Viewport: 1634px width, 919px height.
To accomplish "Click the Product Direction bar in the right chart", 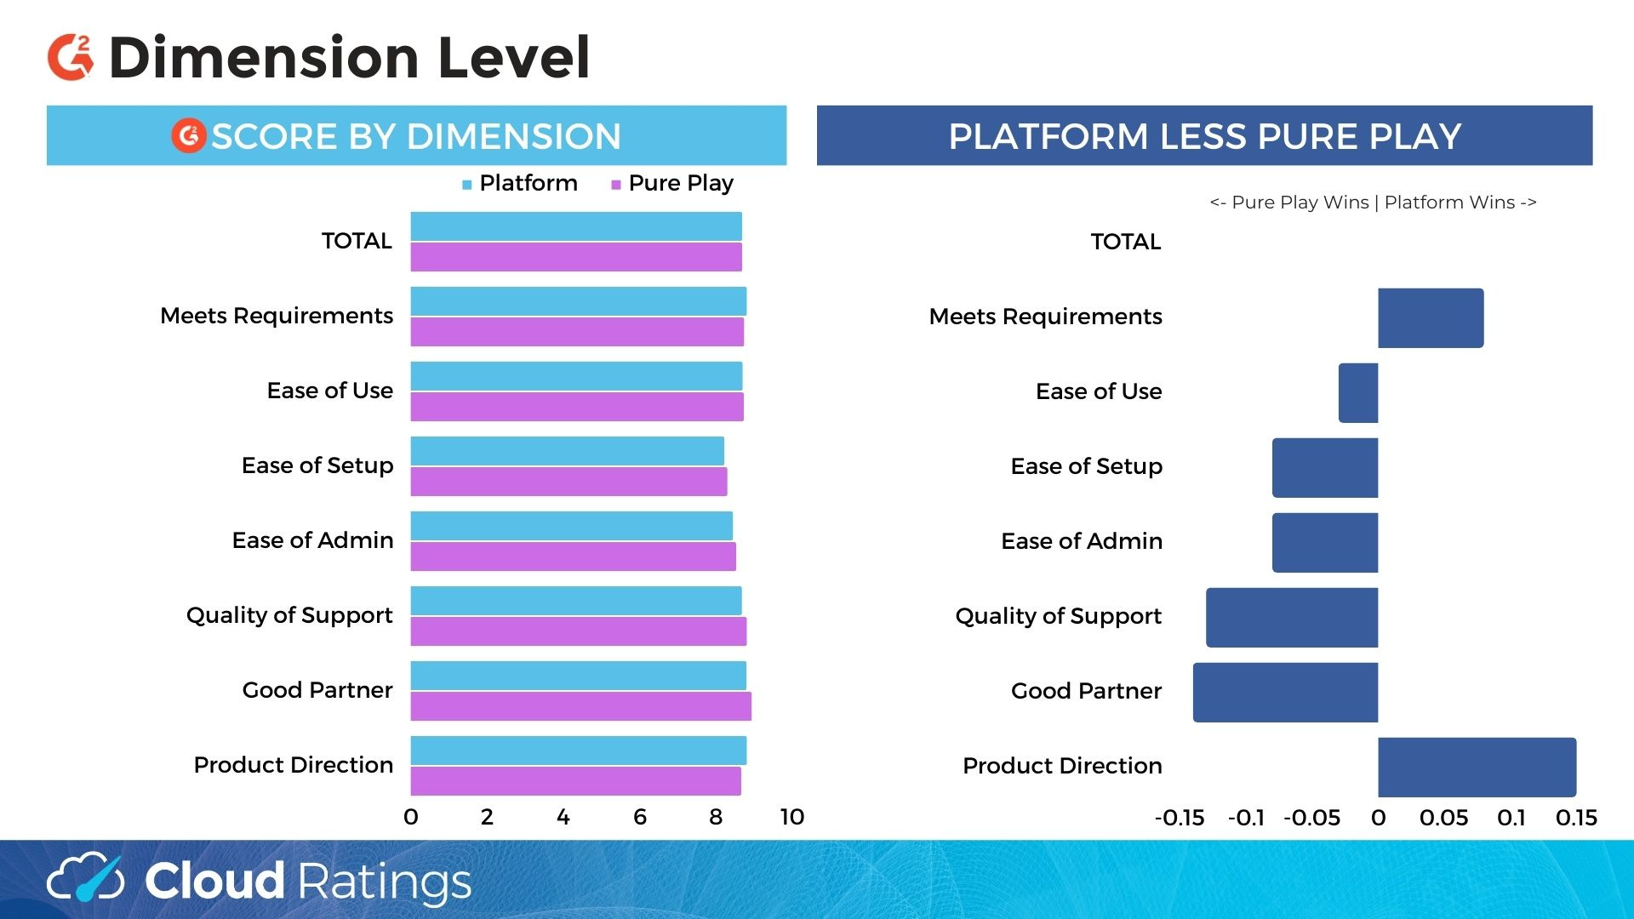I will click(x=1477, y=768).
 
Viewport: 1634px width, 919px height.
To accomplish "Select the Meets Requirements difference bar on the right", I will click(x=1431, y=318).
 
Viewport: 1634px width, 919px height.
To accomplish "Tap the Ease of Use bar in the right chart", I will click(x=1358, y=393).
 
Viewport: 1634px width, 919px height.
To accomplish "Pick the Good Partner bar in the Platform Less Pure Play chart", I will click(x=1285, y=693).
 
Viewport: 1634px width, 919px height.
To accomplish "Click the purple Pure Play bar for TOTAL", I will click(x=576, y=257).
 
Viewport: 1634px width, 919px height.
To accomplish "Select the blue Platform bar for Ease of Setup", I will click(x=567, y=451).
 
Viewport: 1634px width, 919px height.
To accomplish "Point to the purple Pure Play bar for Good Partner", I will click(x=580, y=706).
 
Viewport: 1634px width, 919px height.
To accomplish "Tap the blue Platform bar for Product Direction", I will click(x=578, y=751).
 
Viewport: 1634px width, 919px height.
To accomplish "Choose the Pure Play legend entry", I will click(x=672, y=184).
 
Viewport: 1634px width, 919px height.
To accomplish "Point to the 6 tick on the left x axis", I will click(x=640, y=818).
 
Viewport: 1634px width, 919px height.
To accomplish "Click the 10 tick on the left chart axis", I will click(x=791, y=818).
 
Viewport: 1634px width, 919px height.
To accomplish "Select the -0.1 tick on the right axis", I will click(x=1246, y=819).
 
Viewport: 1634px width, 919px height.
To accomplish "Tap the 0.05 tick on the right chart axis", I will click(x=1443, y=819).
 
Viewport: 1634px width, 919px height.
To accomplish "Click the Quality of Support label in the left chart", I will click(x=289, y=615).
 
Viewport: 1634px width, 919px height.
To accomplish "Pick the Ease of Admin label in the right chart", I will click(x=1082, y=541).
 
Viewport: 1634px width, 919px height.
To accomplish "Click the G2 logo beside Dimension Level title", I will click(x=71, y=58).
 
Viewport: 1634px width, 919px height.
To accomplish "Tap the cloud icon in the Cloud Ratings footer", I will click(x=85, y=878).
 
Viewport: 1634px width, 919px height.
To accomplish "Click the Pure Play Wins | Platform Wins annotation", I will click(x=1373, y=203).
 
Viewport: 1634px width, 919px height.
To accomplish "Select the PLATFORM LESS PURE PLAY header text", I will click(x=1204, y=136).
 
